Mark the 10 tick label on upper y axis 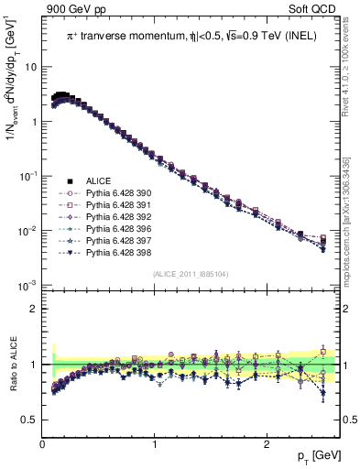coord(31,68)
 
